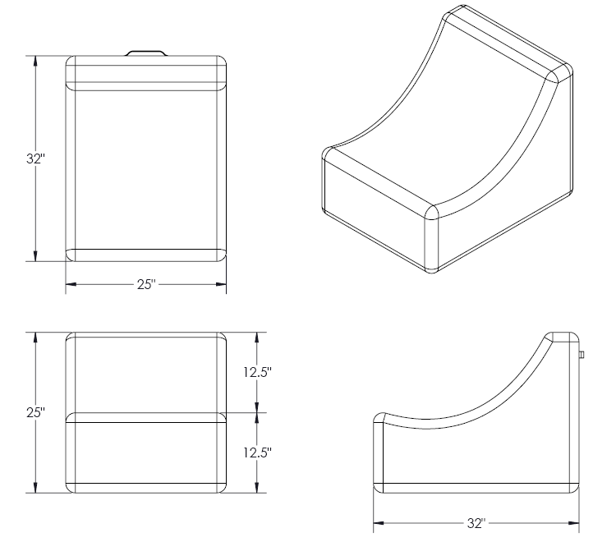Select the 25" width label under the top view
coord(146,284)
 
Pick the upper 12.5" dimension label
coord(257,371)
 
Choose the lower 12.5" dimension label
coord(257,452)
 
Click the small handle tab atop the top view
coord(146,52)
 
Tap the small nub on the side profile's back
coord(581,355)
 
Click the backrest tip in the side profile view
coord(563,337)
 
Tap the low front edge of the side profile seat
coord(380,420)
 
